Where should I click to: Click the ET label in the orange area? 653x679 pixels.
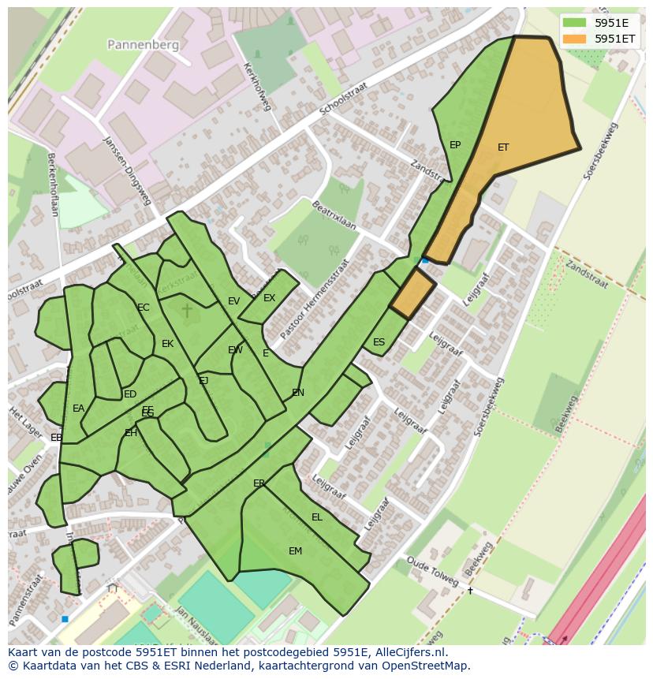[503, 147]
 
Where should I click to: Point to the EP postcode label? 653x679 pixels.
[455, 145]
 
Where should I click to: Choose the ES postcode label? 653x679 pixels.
[379, 342]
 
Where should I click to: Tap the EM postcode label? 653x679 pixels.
[295, 551]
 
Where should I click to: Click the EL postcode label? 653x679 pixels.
[317, 517]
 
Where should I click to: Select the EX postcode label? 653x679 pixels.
[270, 298]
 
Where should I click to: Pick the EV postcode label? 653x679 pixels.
[233, 301]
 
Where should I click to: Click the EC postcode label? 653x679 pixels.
[144, 308]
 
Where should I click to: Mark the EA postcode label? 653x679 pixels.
[78, 409]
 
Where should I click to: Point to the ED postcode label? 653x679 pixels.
[130, 394]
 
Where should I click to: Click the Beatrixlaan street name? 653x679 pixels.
[334, 215]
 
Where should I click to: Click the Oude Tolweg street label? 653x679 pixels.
[433, 572]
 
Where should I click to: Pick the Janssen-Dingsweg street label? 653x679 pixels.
[127, 170]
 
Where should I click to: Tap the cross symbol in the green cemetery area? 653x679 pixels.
[187, 310]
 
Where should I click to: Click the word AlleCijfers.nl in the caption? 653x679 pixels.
[410, 652]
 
